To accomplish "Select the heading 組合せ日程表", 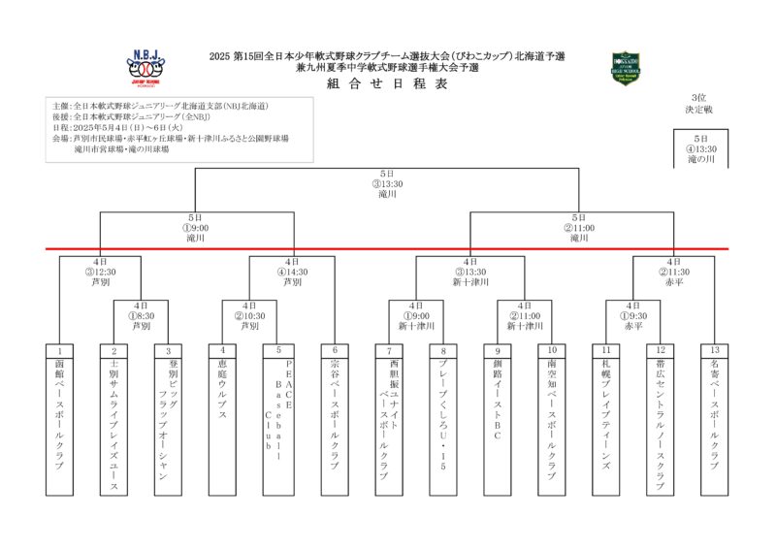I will click(387, 84).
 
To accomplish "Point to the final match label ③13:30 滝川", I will click(387, 183).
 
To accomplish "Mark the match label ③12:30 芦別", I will click(101, 273).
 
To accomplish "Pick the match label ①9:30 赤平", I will click(633, 316).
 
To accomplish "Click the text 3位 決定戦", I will click(699, 104).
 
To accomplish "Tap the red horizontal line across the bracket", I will click(387, 248).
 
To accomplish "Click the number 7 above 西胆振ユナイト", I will click(389, 350).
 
